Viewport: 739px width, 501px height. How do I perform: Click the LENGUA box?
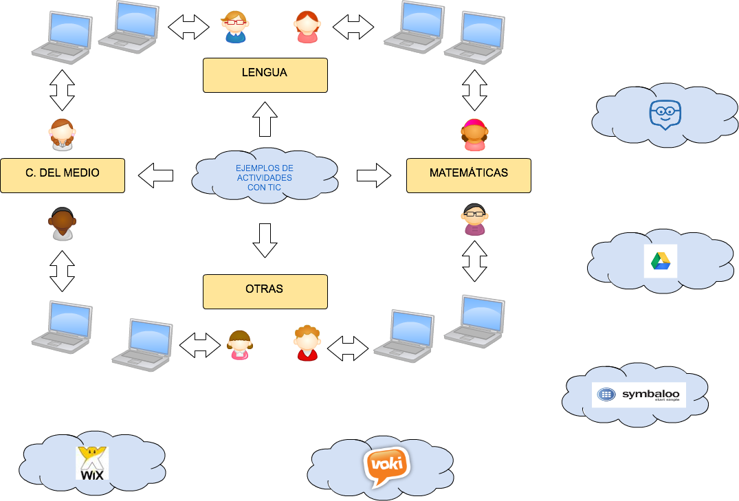pyautogui.click(x=265, y=74)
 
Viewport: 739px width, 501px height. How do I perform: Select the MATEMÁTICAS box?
pyautogui.click(x=468, y=175)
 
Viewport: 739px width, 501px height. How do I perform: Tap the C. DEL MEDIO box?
pyautogui.click(x=62, y=175)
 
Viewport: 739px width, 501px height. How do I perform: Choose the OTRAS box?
pyautogui.click(x=265, y=291)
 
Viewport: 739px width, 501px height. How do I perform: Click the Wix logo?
pyautogui.click(x=93, y=463)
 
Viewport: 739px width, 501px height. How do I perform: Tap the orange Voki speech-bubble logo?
pyautogui.click(x=386, y=466)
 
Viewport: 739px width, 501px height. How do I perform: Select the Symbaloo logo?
pyautogui.click(x=639, y=394)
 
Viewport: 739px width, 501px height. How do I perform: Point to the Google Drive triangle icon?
pyautogui.click(x=661, y=261)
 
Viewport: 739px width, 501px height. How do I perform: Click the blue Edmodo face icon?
pyautogui.click(x=665, y=114)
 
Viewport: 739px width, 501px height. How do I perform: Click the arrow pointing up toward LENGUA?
pyautogui.click(x=265, y=120)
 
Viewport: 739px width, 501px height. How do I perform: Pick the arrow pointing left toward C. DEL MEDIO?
pyautogui.click(x=156, y=175)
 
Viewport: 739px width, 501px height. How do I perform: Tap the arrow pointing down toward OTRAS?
pyautogui.click(x=265, y=241)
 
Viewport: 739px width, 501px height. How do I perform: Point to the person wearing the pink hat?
pyautogui.click(x=474, y=135)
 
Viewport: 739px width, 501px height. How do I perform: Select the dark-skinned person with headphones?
pyautogui.click(x=62, y=224)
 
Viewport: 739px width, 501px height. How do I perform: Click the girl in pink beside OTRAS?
pyautogui.click(x=239, y=344)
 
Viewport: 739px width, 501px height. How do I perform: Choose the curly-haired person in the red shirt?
pyautogui.click(x=307, y=342)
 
